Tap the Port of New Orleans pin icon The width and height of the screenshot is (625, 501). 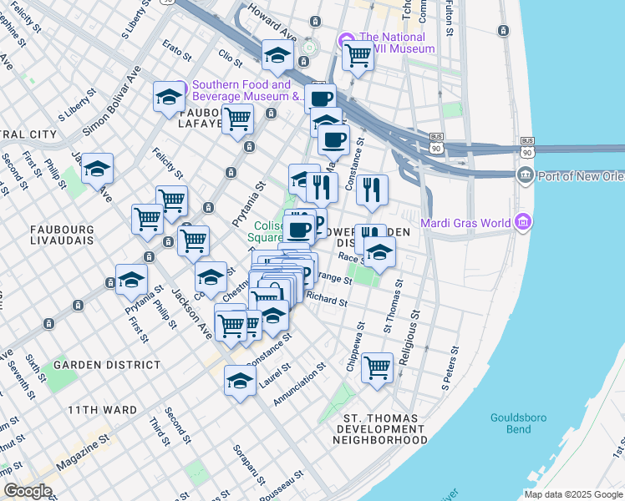point(525,175)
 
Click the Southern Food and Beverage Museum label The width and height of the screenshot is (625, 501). point(241,90)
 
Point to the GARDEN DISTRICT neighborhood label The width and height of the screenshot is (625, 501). point(107,365)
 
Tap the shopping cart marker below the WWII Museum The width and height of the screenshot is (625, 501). point(358,56)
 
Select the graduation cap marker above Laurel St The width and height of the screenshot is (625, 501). point(240,381)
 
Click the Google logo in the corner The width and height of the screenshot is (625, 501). point(28,491)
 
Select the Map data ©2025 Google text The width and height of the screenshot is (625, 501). point(573,494)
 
